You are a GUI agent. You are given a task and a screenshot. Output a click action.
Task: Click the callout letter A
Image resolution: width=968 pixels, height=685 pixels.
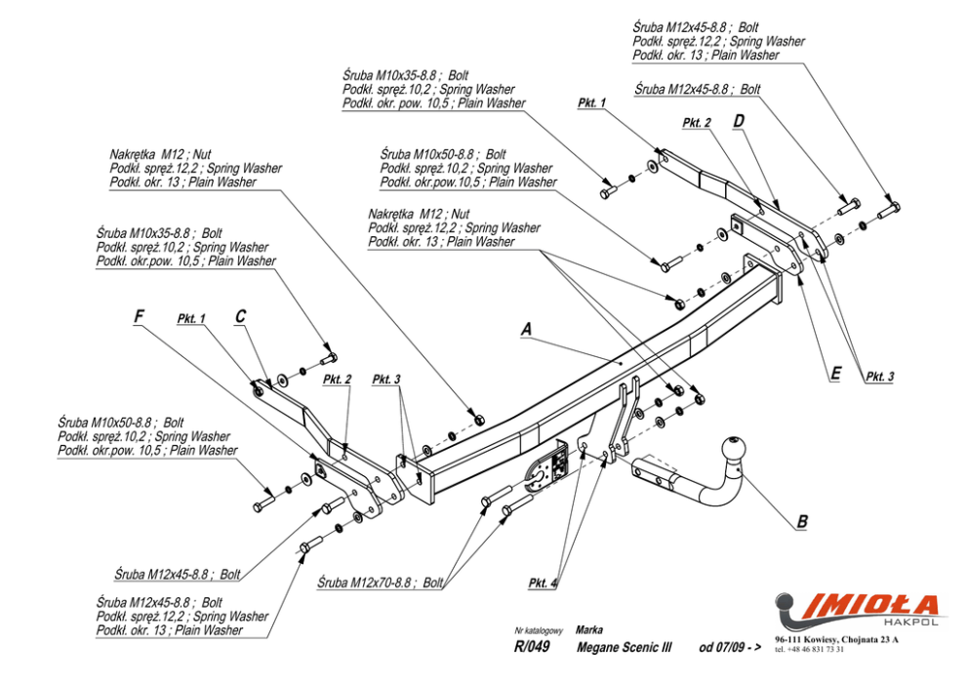(x=526, y=329)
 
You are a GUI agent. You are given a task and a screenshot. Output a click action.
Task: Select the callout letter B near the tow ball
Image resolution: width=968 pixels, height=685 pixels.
(x=802, y=521)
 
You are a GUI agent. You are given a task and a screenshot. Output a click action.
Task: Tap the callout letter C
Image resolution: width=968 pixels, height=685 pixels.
(x=240, y=316)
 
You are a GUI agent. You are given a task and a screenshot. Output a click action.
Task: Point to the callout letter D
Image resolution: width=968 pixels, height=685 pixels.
(x=739, y=121)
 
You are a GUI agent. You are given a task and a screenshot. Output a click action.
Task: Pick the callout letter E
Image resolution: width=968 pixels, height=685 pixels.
(x=836, y=374)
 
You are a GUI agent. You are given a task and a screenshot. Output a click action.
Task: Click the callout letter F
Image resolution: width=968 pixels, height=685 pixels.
(x=139, y=316)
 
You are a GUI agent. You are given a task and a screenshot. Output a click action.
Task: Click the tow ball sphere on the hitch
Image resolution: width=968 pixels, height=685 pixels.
(x=734, y=448)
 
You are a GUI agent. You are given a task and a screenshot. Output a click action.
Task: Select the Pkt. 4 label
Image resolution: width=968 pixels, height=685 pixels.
(x=543, y=584)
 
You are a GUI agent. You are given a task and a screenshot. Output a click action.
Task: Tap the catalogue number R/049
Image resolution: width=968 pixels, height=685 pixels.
(x=532, y=647)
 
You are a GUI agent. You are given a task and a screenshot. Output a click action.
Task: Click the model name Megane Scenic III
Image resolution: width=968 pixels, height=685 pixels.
(x=624, y=647)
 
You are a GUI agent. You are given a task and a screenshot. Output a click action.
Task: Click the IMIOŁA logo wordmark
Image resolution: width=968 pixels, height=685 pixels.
(x=867, y=605)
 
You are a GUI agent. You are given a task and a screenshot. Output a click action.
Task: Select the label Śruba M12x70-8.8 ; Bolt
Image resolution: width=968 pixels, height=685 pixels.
(x=381, y=583)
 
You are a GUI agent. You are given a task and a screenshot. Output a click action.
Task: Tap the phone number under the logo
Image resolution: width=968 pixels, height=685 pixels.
(x=809, y=649)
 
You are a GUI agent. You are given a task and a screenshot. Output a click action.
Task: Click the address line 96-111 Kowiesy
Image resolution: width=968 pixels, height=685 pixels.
(x=836, y=639)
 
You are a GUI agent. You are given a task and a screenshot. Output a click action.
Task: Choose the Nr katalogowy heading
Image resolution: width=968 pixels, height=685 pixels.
(x=539, y=630)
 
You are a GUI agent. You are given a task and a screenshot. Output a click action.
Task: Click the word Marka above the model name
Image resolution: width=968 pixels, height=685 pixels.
(x=589, y=630)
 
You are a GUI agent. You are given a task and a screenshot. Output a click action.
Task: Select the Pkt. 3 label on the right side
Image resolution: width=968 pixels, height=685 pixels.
(x=879, y=377)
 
